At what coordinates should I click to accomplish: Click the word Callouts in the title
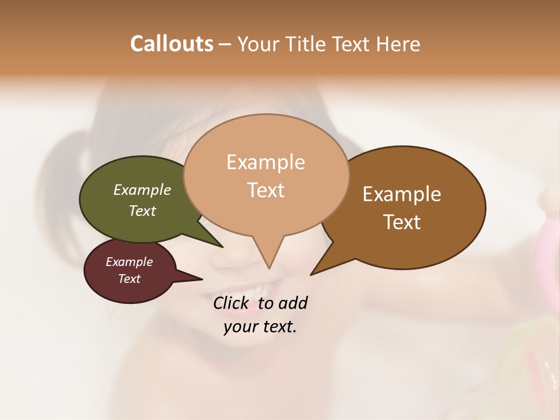click(171, 44)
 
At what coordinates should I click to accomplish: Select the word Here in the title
click(398, 44)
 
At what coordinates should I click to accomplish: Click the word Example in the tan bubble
click(265, 162)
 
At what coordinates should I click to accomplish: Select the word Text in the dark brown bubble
click(402, 222)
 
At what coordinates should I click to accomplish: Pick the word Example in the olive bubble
click(142, 190)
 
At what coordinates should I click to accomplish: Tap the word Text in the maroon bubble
click(129, 279)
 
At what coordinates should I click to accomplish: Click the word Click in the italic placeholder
click(232, 303)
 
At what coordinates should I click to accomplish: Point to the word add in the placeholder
click(292, 303)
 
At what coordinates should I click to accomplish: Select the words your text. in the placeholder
click(260, 327)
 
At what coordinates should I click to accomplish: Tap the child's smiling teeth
click(257, 288)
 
